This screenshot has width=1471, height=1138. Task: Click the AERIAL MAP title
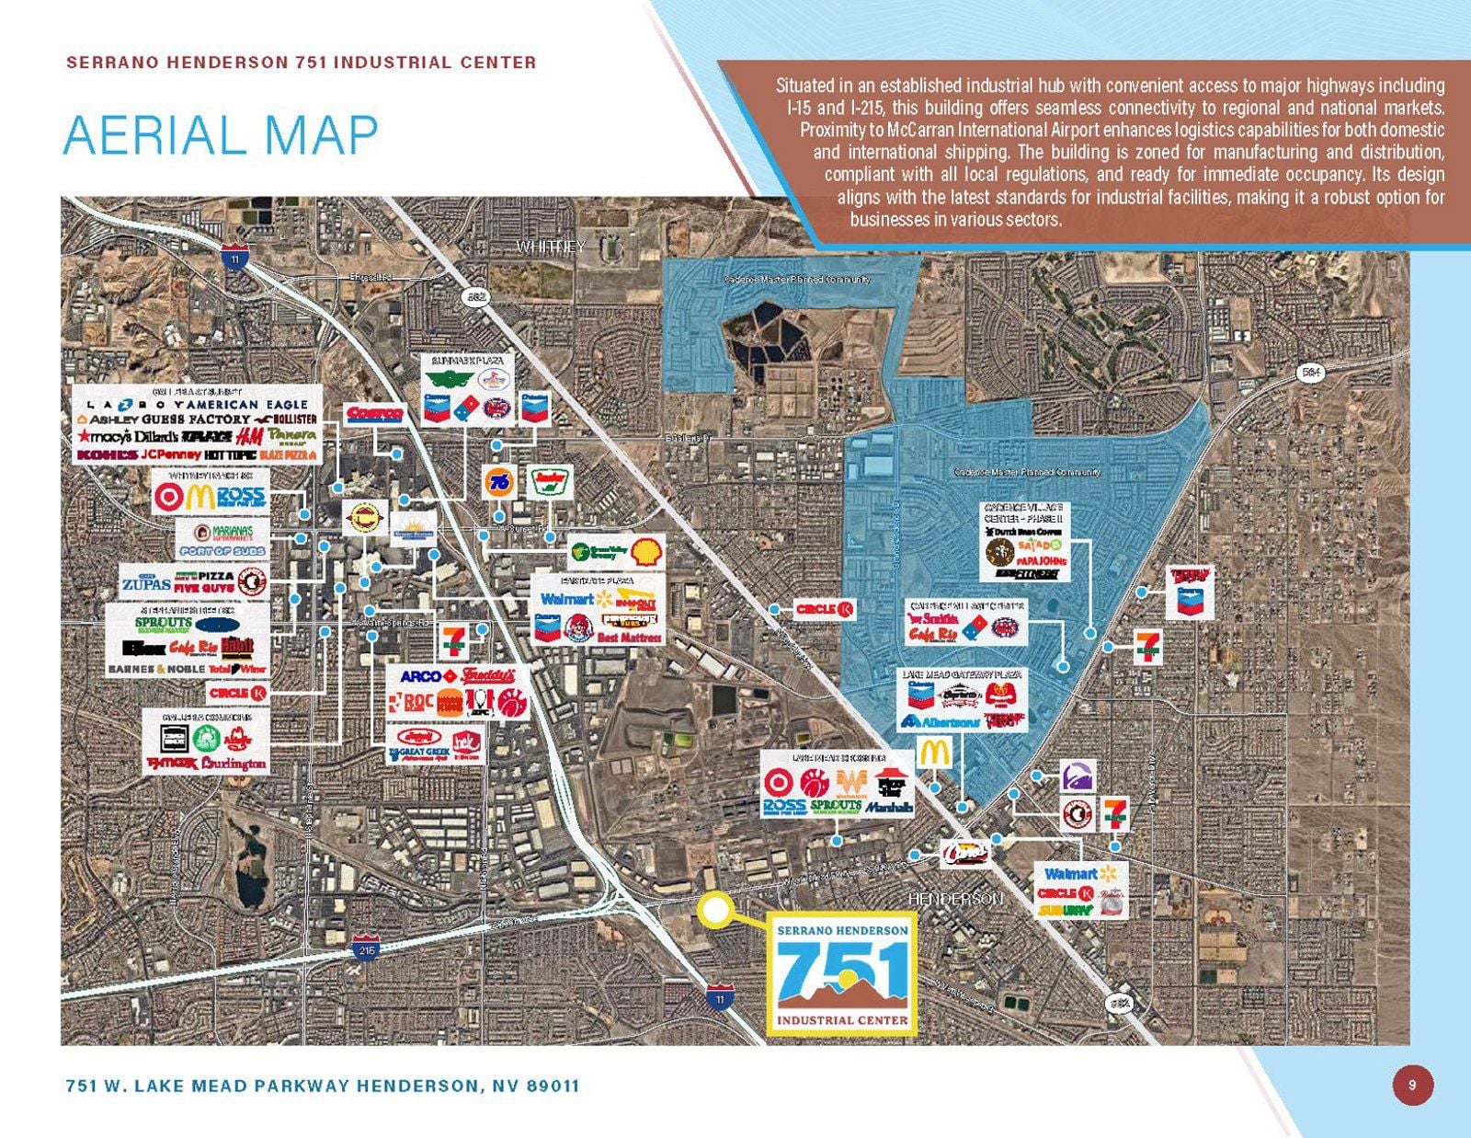(x=221, y=135)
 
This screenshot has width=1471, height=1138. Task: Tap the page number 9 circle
(x=1412, y=1085)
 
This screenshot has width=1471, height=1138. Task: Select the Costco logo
(x=374, y=415)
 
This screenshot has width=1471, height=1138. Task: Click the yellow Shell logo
(x=644, y=551)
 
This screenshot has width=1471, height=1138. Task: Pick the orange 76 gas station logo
(x=499, y=481)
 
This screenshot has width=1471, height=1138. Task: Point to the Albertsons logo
(x=941, y=721)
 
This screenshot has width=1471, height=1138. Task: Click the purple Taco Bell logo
(x=1078, y=776)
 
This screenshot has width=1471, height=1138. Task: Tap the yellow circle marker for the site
(x=715, y=910)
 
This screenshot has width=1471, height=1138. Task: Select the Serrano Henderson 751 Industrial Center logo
(x=841, y=974)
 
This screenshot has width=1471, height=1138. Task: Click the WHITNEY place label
(x=550, y=247)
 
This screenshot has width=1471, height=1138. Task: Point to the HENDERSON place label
(x=955, y=898)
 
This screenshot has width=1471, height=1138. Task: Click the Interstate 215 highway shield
(x=365, y=948)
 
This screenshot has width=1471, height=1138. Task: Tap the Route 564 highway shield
(x=1312, y=372)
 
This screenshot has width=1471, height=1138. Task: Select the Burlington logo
(x=234, y=764)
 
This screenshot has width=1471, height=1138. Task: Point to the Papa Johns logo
(x=1041, y=560)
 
